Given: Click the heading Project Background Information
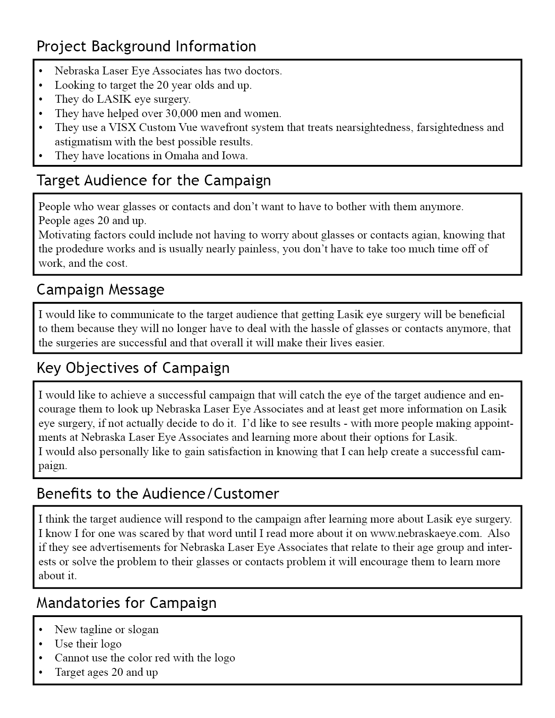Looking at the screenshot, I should point(146,46).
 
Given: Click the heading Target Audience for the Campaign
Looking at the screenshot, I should point(154,180).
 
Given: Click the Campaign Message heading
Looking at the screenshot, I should point(101,289).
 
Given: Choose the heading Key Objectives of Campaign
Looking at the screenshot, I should point(133,368).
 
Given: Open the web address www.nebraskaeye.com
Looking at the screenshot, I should point(425,533).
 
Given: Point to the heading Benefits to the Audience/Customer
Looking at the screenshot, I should point(158,493).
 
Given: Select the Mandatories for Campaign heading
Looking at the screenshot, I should point(126,603).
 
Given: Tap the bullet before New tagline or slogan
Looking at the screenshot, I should point(41,630).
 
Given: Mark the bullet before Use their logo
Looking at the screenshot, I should point(41,644).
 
